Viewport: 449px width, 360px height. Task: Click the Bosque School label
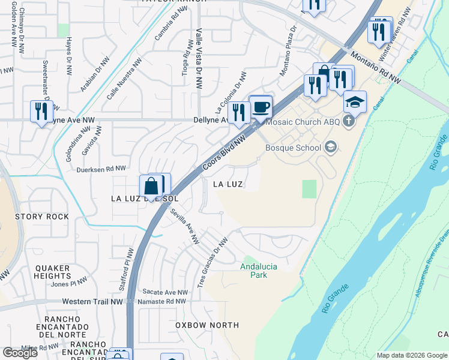pos(294,147)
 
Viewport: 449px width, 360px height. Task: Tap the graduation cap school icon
pos(355,101)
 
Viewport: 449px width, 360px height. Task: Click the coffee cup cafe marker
pos(261,107)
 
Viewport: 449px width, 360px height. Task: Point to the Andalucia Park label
pos(262,271)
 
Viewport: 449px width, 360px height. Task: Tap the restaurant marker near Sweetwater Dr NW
pos(41,111)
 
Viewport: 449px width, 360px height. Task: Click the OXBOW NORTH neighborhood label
pos(207,325)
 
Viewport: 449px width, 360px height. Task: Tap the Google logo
pos(19,353)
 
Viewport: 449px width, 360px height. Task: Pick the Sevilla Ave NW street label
pos(184,227)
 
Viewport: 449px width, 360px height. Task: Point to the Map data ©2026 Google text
pos(411,355)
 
